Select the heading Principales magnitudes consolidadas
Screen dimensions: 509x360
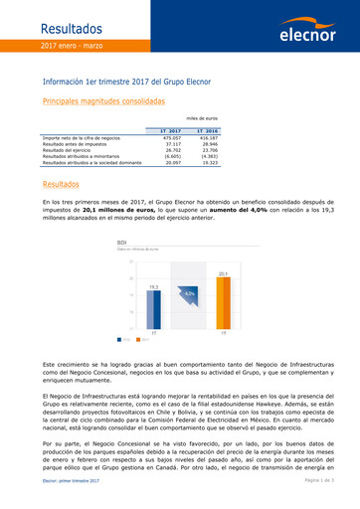pyautogui.click(x=104, y=101)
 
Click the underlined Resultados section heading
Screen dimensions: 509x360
pyautogui.click(x=64, y=186)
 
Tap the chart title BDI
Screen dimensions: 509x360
pyautogui.click(x=122, y=242)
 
